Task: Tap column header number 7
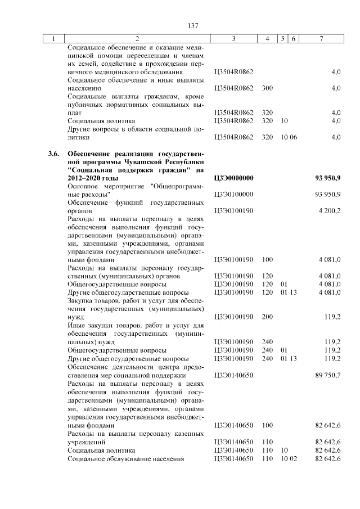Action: (321, 39)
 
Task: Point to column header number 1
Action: (54, 39)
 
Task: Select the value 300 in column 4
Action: (267, 88)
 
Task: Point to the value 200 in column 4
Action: (267, 317)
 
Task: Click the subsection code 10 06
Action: (289, 137)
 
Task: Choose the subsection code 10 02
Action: (289, 459)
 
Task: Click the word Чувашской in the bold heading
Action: (143, 162)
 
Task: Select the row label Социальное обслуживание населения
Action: (126, 459)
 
